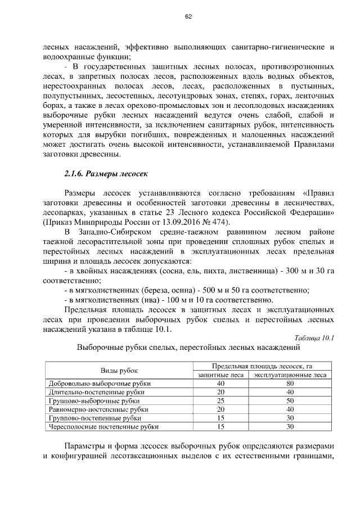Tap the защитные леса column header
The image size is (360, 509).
click(220, 375)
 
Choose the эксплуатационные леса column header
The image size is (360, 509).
click(290, 375)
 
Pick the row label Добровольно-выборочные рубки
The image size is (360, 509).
click(96, 384)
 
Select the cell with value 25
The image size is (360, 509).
click(220, 401)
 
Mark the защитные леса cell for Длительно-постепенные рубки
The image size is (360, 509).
click(220, 392)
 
